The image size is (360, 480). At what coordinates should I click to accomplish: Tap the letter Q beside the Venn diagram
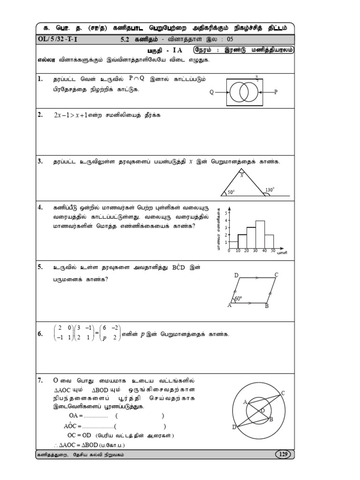[211, 92]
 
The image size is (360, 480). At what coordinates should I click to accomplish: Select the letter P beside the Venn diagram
[276, 92]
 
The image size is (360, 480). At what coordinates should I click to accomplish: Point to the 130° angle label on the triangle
[269, 190]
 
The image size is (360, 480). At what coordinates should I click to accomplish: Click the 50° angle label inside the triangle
[231, 192]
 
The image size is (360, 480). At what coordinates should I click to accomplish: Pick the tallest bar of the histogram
[260, 234]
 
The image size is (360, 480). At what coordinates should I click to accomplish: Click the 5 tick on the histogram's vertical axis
[225, 213]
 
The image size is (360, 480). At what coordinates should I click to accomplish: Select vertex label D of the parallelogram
[236, 275]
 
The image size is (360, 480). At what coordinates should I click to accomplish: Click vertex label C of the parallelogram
[277, 275]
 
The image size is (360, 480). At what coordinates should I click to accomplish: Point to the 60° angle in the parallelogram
[238, 299]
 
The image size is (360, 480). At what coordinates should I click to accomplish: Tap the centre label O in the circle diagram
[262, 410]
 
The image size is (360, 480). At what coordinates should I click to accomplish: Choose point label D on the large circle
[234, 427]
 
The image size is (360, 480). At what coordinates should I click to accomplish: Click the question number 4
[41, 207]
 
